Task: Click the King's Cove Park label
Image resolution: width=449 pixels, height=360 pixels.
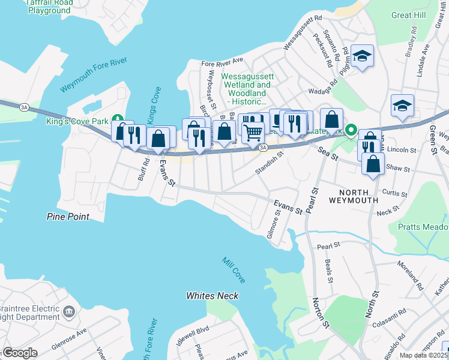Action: [x=77, y=121]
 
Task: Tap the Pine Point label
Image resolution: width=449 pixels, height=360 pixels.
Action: [x=68, y=217]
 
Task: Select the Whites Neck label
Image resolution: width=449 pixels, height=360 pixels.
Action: [x=212, y=296]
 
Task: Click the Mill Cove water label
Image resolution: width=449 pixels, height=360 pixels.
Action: [x=233, y=271]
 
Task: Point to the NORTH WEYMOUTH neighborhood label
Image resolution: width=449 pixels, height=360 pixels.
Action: [x=354, y=200]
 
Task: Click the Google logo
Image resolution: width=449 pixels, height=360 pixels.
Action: [x=19, y=353]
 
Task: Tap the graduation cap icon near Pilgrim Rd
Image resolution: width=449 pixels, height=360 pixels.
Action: [x=362, y=56]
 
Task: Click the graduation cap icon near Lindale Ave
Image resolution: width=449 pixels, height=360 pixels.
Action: [x=402, y=106]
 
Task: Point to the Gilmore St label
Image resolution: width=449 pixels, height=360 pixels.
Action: [x=276, y=227]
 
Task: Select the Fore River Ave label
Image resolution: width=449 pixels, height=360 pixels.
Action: [x=222, y=61]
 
